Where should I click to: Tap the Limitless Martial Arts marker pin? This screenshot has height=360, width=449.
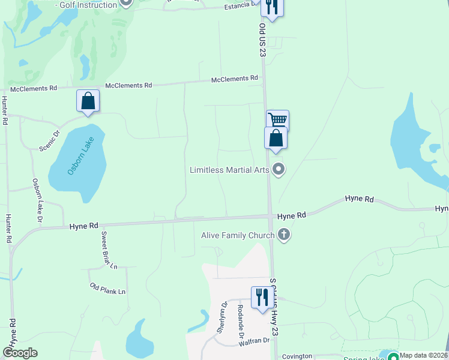[278, 170]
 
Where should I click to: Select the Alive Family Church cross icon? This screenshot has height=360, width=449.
[284, 235]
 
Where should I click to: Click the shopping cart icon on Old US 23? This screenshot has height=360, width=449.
[278, 120]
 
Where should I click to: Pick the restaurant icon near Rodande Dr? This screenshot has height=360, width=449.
[262, 296]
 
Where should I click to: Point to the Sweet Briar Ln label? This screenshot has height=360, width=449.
[109, 250]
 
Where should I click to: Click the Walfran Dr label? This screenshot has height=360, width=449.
[254, 341]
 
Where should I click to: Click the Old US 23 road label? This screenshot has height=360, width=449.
[262, 41]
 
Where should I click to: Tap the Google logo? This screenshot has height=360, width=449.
[20, 353]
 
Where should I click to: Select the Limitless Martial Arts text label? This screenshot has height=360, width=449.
[229, 170]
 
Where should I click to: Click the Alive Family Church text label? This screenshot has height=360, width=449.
[238, 235]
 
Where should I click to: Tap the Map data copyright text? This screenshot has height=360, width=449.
[424, 355]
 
